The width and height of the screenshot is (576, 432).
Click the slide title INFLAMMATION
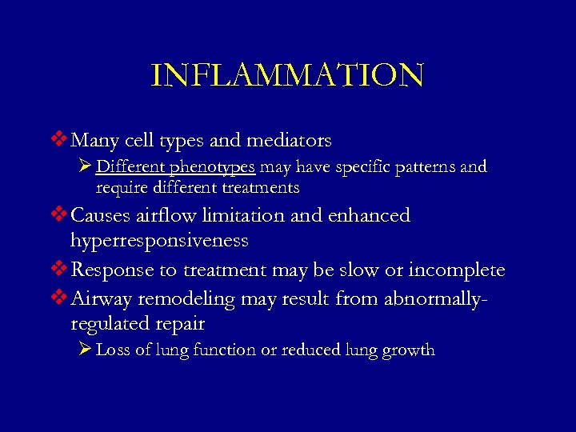click(x=287, y=75)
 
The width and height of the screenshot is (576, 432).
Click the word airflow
click(x=162, y=215)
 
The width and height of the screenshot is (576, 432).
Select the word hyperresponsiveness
click(x=159, y=240)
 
